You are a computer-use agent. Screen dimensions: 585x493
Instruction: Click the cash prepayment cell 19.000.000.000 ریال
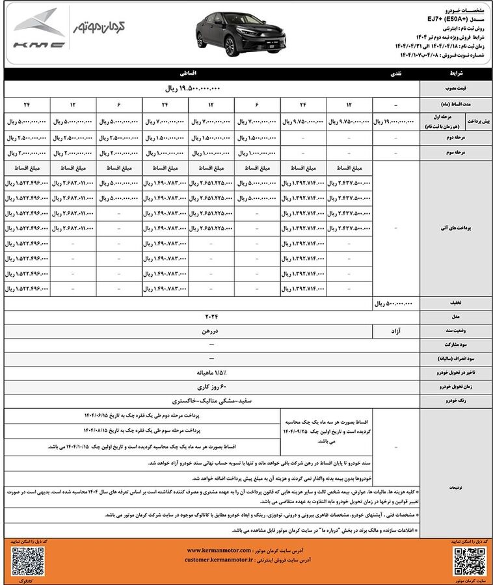[396, 121]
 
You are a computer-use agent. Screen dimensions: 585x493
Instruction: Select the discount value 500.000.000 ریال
[396, 303]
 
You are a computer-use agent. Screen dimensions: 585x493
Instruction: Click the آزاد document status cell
[396, 331]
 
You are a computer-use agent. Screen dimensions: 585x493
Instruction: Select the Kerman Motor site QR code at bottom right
[464, 557]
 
